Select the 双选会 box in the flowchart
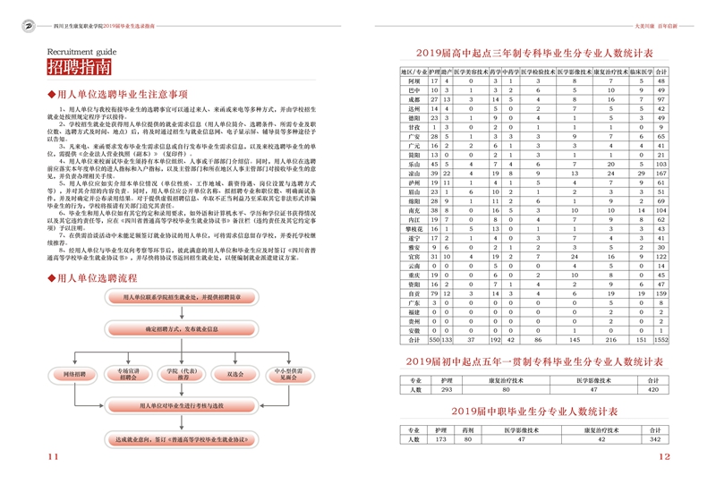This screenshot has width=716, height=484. tap(236, 374)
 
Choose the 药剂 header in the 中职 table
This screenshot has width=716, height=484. tap(467, 429)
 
